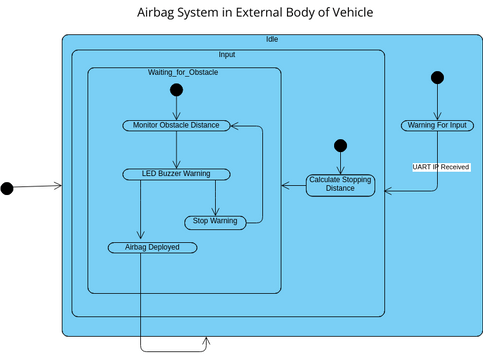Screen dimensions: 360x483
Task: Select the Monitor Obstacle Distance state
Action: coord(177,125)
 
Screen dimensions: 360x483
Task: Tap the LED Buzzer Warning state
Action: coord(177,173)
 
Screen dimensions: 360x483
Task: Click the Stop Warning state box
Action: coord(214,221)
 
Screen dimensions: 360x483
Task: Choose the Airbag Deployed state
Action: coord(152,246)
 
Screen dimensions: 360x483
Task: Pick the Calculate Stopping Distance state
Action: coord(340,184)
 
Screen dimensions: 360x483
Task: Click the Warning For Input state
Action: coord(436,125)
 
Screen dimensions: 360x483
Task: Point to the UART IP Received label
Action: coord(441,166)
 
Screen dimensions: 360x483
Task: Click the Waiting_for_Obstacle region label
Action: coord(183,73)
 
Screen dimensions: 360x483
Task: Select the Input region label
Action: coord(227,54)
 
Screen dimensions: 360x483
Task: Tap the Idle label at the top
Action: coord(272,39)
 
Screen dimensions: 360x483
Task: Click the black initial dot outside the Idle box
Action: coord(7,188)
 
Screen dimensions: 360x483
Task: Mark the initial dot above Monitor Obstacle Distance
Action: coord(177,90)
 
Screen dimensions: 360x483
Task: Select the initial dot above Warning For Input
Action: coord(436,78)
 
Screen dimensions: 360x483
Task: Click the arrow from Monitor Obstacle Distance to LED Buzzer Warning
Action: coord(177,149)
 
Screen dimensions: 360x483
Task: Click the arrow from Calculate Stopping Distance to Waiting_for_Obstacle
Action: coord(293,184)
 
